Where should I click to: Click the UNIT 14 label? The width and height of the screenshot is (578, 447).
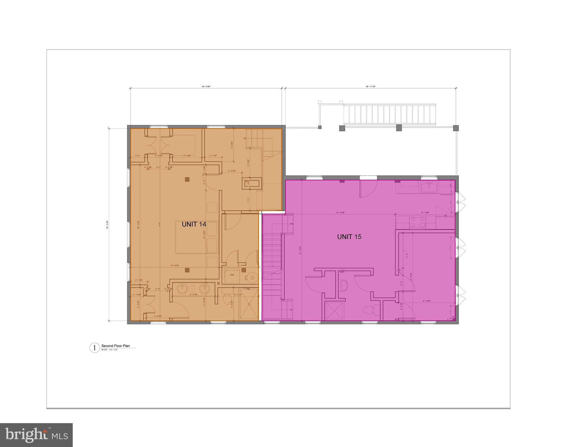194,224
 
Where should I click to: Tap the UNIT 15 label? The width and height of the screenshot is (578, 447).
349,237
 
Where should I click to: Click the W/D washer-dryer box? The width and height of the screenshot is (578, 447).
232,275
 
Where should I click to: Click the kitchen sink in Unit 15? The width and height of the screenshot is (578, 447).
429,187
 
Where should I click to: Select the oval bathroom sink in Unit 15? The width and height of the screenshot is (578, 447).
344,285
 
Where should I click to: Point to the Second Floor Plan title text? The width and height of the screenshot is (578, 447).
115,346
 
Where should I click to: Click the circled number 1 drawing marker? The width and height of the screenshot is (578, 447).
94,348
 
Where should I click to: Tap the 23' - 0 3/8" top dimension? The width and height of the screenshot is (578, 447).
206,86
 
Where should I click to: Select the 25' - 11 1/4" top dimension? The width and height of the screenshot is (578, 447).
370,86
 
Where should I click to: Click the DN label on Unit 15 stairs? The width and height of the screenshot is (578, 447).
292,224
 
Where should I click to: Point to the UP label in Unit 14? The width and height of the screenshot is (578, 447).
245,139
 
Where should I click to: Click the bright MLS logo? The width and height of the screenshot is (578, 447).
36,435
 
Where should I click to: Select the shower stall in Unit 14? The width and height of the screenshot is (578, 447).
249,304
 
